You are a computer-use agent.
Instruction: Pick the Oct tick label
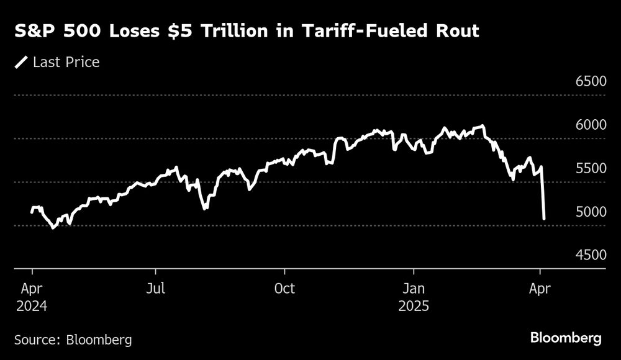tap(284, 289)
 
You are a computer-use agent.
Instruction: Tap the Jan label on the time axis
tap(414, 289)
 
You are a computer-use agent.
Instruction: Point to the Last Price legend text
tap(66, 62)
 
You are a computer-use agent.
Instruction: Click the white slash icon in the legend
tap(22, 62)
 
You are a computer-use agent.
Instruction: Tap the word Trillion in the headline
tap(238, 32)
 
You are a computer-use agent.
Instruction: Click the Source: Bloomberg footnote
tap(73, 340)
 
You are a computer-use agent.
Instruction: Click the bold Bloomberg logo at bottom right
tap(566, 338)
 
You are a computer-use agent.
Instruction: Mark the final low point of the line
tap(544, 218)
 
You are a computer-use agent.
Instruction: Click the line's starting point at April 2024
tap(32, 212)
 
